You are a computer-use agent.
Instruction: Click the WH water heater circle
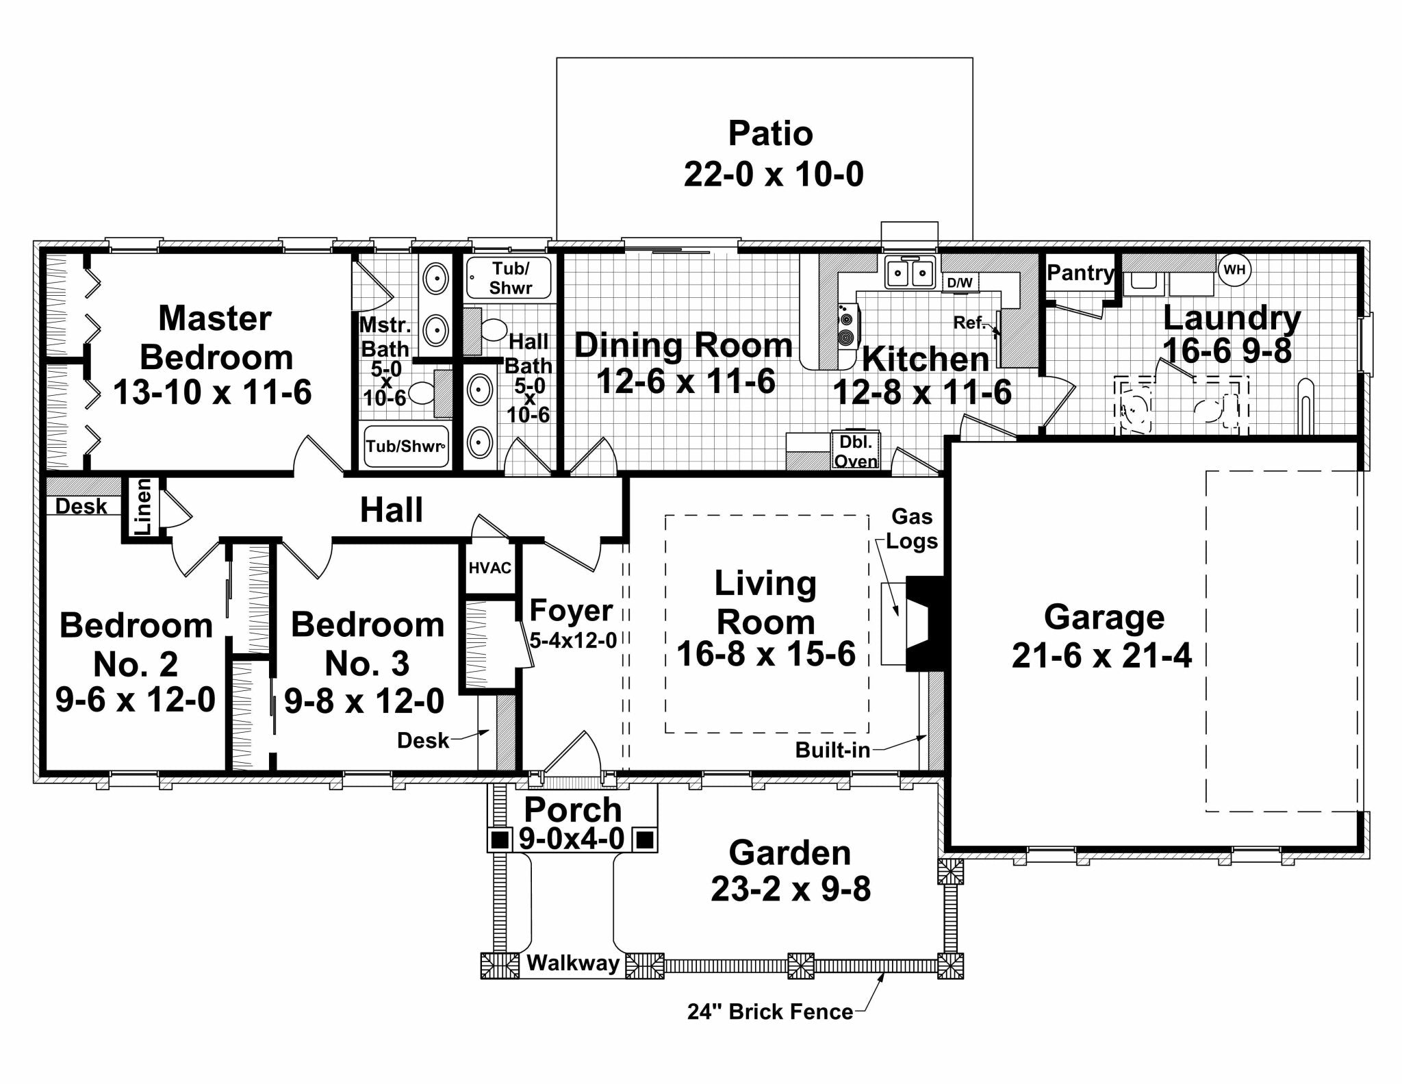[x=1234, y=270]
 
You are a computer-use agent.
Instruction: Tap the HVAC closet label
[x=489, y=568]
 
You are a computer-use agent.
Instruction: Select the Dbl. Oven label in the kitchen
[x=856, y=451]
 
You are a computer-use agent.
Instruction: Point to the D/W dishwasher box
[x=960, y=282]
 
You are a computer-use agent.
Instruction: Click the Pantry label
[x=1080, y=273]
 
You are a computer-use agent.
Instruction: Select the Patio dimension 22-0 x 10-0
[x=774, y=174]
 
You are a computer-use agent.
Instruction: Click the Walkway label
[x=573, y=963]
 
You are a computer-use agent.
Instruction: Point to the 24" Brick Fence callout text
[x=770, y=1011]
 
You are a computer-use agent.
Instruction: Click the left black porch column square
[x=500, y=838]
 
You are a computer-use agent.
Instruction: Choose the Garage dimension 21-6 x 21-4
[x=1101, y=655]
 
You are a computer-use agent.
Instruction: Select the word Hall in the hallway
[x=392, y=510]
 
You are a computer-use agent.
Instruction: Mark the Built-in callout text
[x=832, y=750]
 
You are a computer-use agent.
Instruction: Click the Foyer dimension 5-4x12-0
[x=573, y=640]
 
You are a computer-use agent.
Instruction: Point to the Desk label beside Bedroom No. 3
[x=423, y=740]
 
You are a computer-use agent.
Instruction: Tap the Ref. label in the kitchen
[x=969, y=322]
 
